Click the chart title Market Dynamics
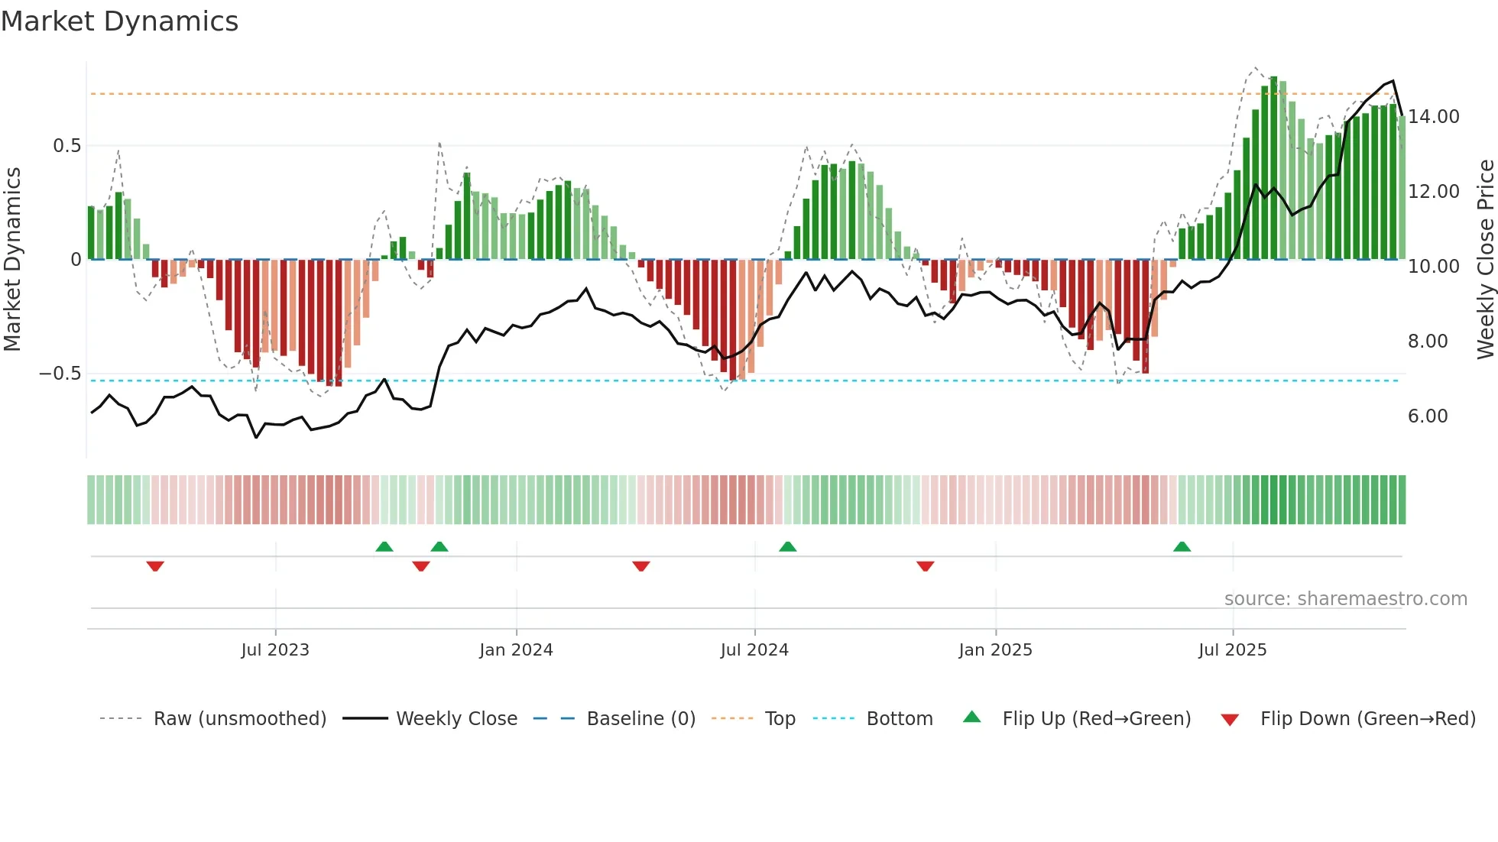[119, 21]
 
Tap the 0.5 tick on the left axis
[66, 146]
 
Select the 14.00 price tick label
[1433, 117]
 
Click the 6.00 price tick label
[1427, 416]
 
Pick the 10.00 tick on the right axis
[1433, 267]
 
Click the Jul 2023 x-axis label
[275, 650]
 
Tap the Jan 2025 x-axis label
[995, 650]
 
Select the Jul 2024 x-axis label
[754, 650]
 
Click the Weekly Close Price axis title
[1485, 260]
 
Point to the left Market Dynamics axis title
[13, 260]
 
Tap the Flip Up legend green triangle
[971, 717]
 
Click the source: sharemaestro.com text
[1345, 599]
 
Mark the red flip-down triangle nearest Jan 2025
[925, 566]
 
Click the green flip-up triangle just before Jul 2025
[1182, 546]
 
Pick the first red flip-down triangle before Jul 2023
[155, 566]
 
